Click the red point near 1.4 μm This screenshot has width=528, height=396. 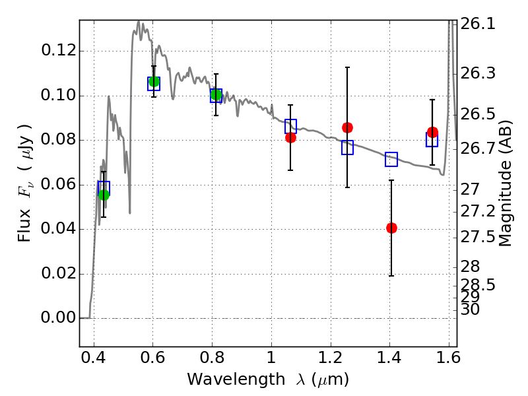(391, 228)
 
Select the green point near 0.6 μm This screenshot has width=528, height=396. (154, 81)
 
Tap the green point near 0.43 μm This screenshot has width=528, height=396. (104, 195)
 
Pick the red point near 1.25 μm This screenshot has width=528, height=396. (347, 127)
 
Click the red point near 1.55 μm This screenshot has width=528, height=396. (432, 132)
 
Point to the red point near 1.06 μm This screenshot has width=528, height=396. (290, 137)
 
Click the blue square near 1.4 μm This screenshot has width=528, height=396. (391, 159)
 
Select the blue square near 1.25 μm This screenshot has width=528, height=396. (348, 147)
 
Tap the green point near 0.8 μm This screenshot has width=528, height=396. (216, 95)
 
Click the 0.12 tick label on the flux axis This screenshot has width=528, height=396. (58, 51)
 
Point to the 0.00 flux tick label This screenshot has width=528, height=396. (58, 317)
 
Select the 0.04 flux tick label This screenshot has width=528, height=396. (58, 228)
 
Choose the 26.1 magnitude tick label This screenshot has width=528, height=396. (478, 24)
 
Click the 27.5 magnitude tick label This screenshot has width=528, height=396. (478, 237)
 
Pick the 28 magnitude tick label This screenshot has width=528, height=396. (470, 267)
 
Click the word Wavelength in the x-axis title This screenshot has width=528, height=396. (236, 379)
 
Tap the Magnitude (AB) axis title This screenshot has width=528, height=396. (505, 183)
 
